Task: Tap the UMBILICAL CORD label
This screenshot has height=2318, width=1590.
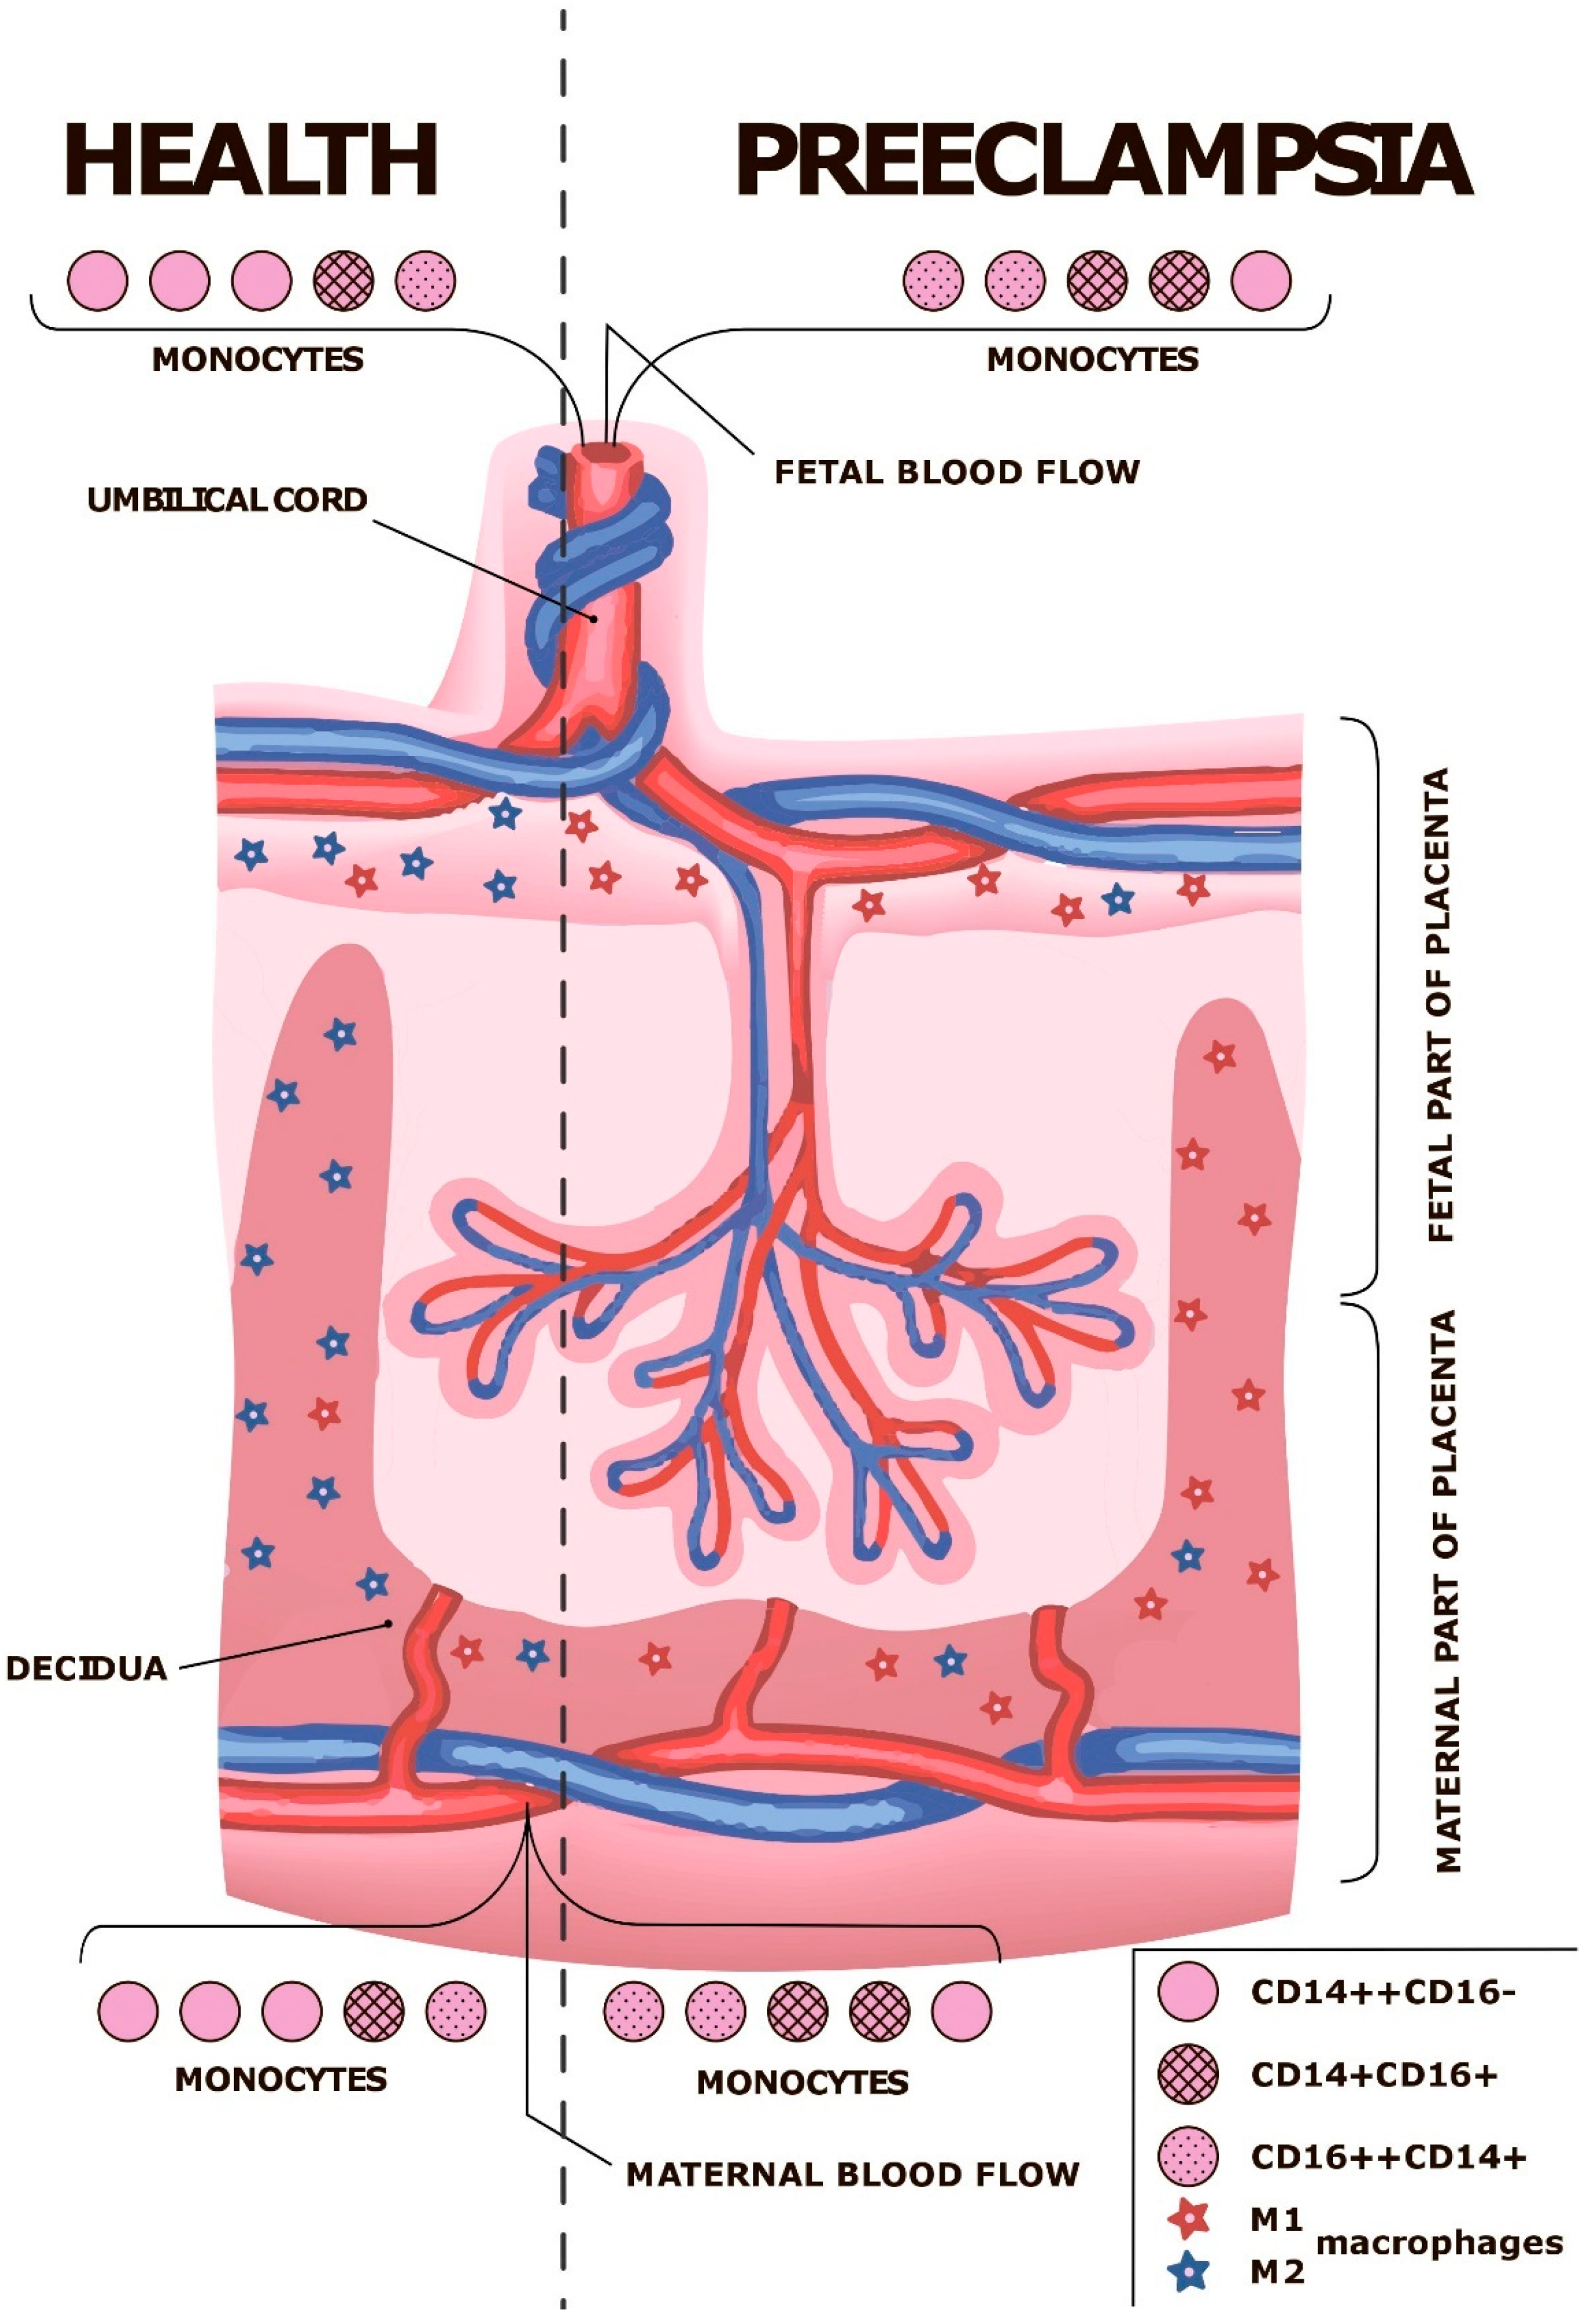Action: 228,499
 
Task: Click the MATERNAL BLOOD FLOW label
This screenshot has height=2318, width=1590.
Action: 853,2174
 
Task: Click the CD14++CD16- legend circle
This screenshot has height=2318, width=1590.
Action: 1188,1992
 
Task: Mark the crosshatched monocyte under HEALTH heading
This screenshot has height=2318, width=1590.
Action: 343,280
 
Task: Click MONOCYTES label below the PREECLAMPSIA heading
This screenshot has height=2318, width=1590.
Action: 1092,359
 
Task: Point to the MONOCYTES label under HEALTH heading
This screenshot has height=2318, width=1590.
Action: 258,359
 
